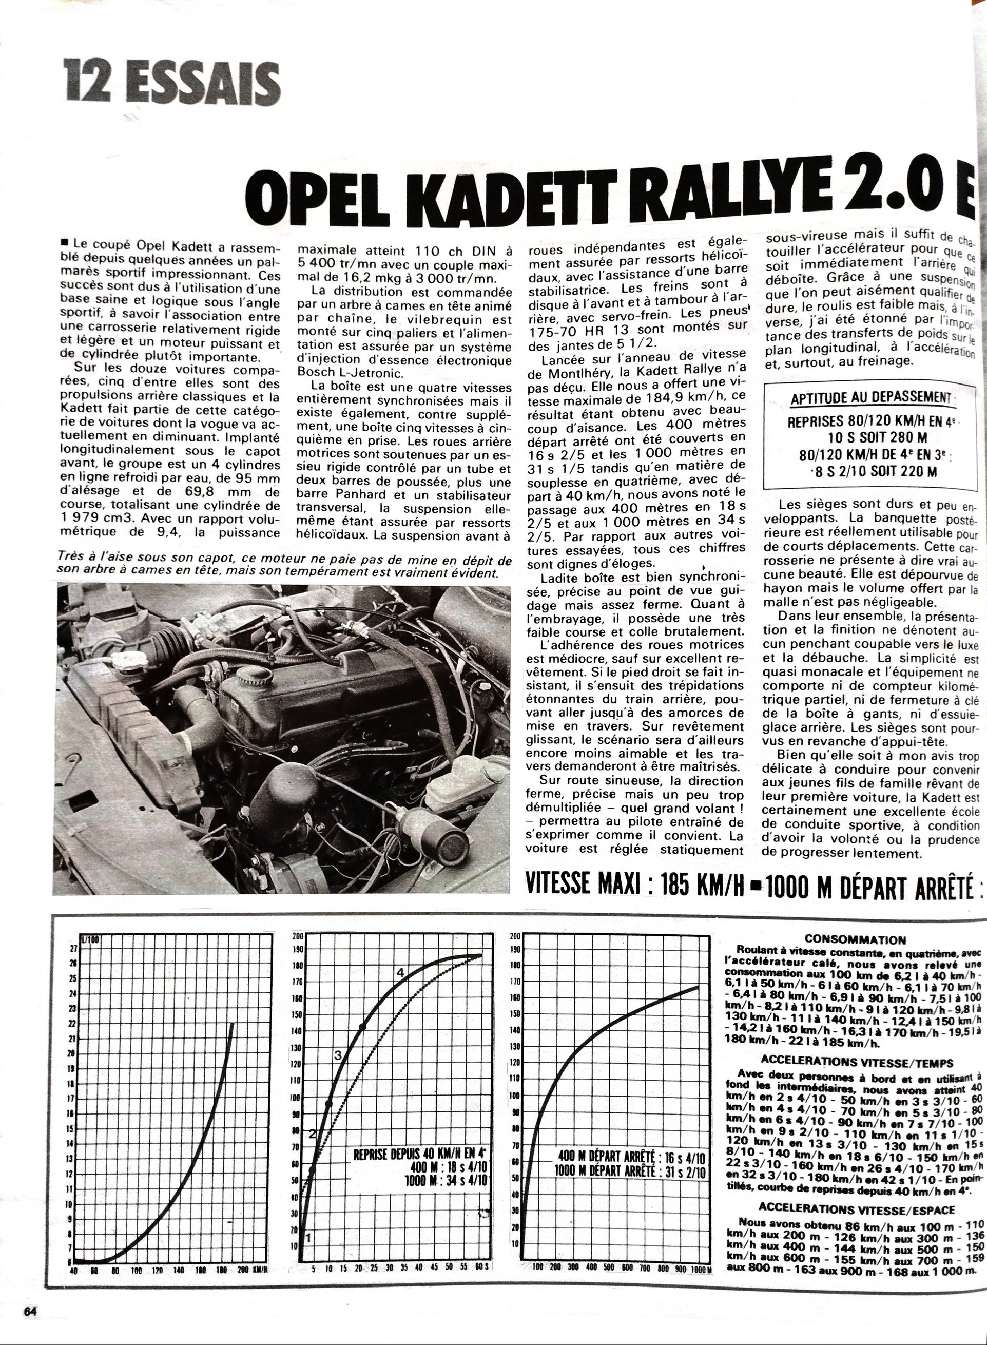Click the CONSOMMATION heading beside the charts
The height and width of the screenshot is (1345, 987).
point(855,940)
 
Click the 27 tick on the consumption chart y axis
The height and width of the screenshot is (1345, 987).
point(74,948)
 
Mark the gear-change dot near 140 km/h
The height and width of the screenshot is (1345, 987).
point(362,1027)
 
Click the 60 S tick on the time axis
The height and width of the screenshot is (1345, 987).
point(480,1283)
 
